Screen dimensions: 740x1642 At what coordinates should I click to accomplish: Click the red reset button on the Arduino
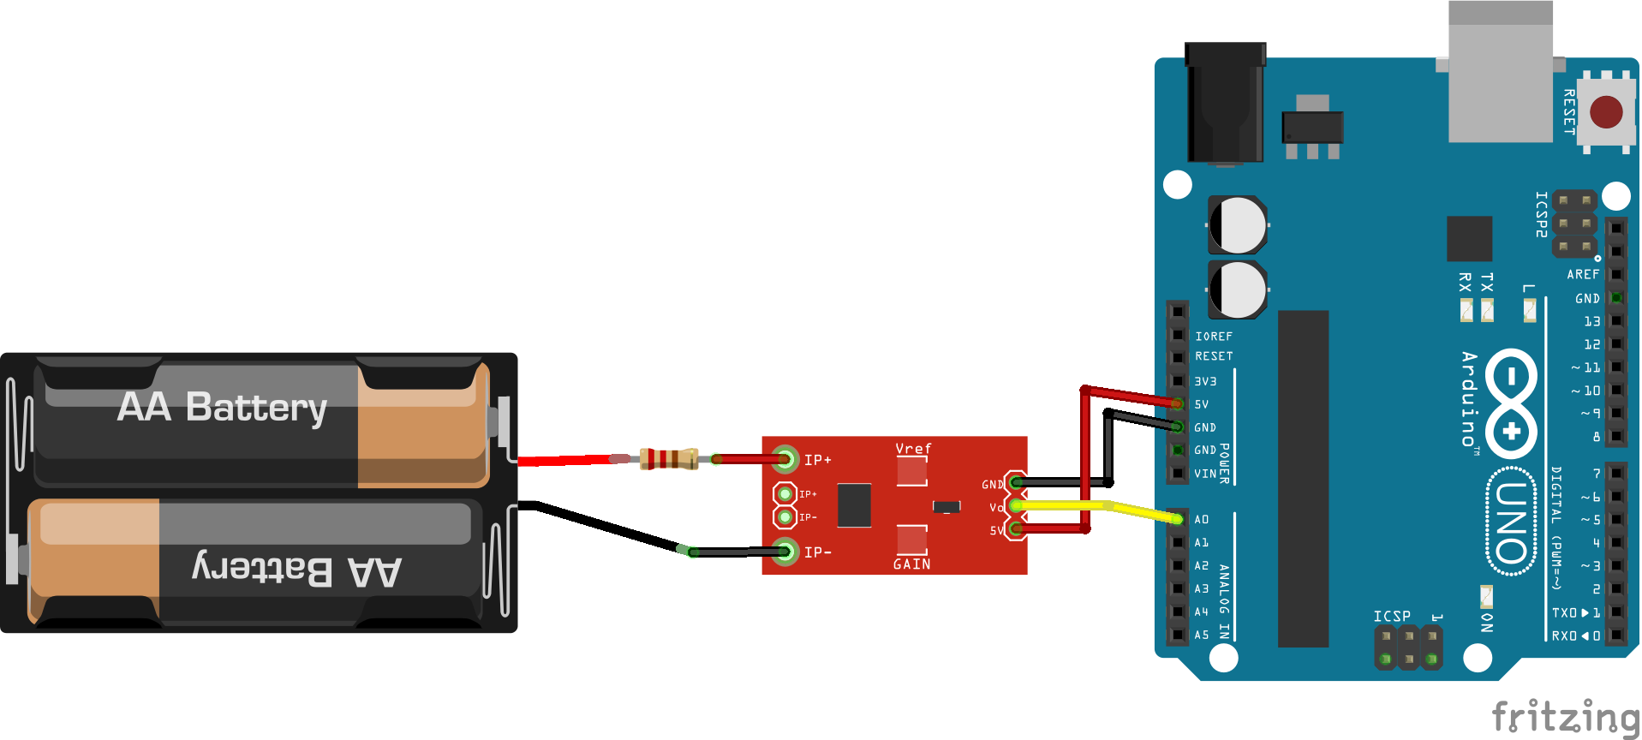pyautogui.click(x=1605, y=112)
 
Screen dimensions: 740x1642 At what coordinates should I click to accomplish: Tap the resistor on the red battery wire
pyautogui.click(x=668, y=459)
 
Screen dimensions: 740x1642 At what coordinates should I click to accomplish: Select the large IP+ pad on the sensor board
pyautogui.click(x=785, y=459)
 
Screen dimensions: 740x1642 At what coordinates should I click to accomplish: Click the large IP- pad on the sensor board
pyautogui.click(x=785, y=552)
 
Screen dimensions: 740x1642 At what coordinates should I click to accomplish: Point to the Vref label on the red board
pyautogui.click(x=913, y=449)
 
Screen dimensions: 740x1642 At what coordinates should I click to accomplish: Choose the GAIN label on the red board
pyautogui.click(x=911, y=564)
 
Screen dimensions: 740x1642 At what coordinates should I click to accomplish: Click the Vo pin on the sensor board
pyautogui.click(x=1015, y=506)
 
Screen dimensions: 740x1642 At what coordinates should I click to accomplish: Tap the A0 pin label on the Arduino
pyautogui.click(x=1202, y=519)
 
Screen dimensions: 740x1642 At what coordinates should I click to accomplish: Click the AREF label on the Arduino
pyautogui.click(x=1583, y=274)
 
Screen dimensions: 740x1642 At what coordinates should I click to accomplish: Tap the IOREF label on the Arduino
pyautogui.click(x=1214, y=337)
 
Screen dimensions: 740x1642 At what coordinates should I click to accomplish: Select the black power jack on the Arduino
pyautogui.click(x=1225, y=103)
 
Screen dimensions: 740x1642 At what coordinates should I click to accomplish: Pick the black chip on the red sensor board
pyautogui.click(x=854, y=505)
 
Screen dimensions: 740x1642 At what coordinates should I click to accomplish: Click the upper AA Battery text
pyautogui.click(x=223, y=407)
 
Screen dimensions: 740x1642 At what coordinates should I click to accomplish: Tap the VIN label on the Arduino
pyautogui.click(x=1205, y=474)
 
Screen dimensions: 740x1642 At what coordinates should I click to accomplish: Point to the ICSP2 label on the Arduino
pyautogui.click(x=1541, y=214)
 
